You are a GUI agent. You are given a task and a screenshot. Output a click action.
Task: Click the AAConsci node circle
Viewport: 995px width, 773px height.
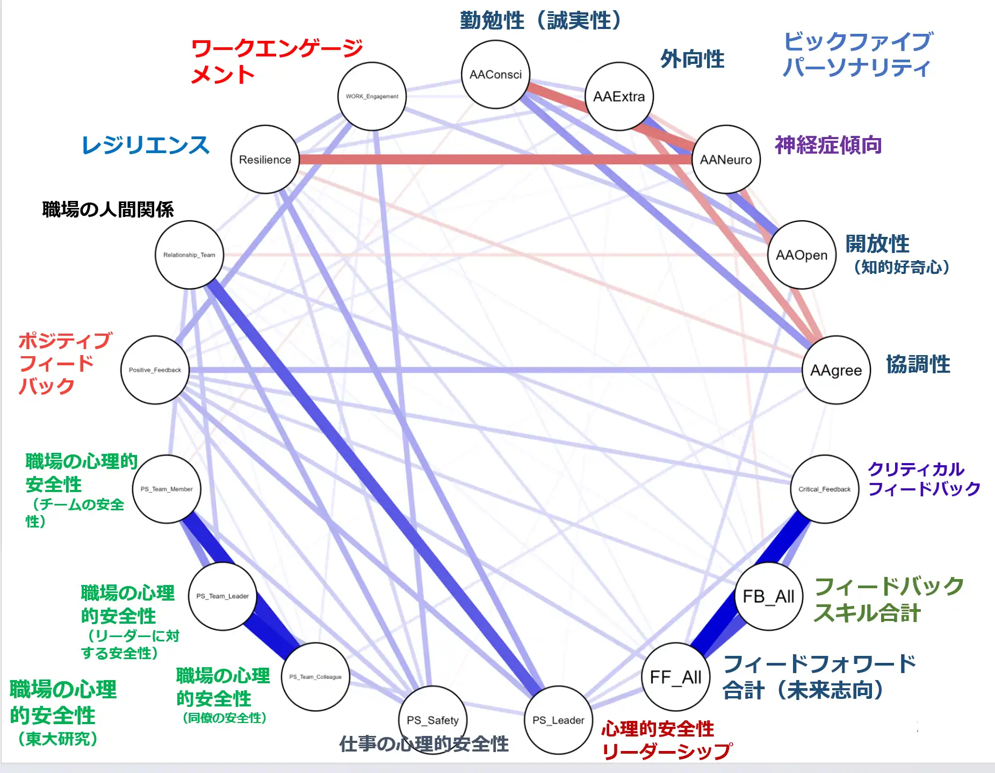pos(495,75)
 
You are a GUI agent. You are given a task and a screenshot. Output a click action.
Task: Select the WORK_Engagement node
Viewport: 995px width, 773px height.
pos(372,97)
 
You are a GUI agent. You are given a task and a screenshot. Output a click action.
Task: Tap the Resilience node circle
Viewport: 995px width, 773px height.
pos(265,160)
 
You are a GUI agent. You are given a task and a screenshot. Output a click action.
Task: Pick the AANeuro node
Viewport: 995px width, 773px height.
pos(726,160)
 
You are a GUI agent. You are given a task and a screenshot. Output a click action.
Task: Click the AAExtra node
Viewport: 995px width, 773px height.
pos(619,97)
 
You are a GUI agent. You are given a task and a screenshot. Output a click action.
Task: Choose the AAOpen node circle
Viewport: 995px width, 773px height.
pos(802,255)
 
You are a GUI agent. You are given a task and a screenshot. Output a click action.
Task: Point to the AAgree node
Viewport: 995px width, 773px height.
pos(836,370)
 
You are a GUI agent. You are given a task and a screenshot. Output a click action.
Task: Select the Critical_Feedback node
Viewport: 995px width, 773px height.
pos(824,489)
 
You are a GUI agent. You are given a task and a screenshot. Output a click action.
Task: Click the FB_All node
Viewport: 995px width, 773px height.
pos(768,596)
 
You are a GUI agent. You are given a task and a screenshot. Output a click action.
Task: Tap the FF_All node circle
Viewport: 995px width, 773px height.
pos(676,677)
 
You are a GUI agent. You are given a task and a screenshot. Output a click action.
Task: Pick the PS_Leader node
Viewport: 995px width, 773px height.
pos(558,720)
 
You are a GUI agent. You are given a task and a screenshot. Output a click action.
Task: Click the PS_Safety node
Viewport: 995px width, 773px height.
pos(432,720)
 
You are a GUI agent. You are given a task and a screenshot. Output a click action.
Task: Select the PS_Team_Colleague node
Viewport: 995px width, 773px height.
pos(315,677)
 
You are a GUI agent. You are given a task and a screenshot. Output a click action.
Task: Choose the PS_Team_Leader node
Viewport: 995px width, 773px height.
pos(222,596)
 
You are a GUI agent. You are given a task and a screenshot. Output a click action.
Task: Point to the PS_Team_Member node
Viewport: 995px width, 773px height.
pos(167,489)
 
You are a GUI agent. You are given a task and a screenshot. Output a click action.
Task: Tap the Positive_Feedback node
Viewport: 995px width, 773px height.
pos(155,370)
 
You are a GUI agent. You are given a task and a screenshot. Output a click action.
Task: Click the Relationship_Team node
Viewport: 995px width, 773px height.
pos(189,255)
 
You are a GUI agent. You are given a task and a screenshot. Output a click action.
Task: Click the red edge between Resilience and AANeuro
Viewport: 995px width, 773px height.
pos(484,160)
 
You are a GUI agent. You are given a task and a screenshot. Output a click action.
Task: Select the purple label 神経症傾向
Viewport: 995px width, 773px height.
pos(828,145)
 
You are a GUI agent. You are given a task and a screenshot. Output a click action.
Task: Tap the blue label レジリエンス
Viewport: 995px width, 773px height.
pos(145,145)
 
